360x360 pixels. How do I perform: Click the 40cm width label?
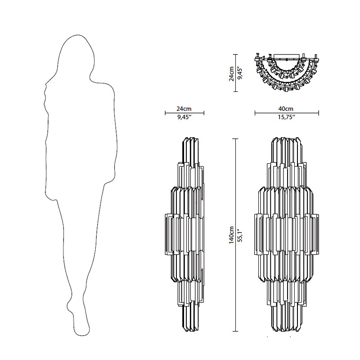[287, 108]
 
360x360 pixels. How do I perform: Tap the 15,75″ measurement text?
[287, 117]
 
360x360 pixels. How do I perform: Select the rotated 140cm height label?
[231, 235]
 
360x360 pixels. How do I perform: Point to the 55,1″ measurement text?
[240, 235]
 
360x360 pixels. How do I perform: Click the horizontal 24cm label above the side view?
[184, 108]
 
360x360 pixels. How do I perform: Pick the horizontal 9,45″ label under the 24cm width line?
[184, 117]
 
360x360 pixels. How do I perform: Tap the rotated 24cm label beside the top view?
[231, 73]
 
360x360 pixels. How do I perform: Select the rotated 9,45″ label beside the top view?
[240, 73]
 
